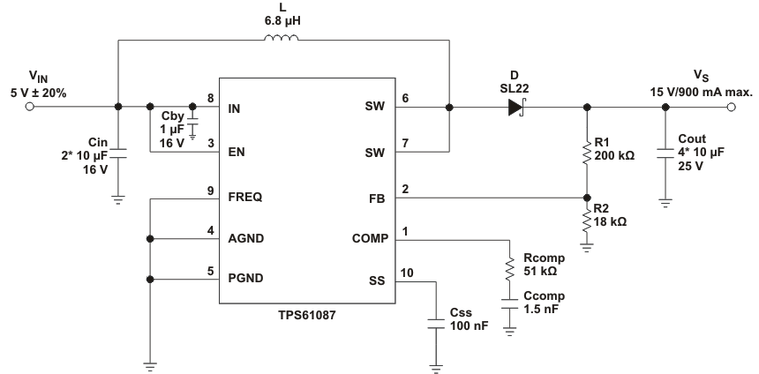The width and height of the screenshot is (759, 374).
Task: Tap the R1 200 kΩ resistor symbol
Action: point(587,153)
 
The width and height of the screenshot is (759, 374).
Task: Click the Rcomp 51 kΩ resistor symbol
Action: point(510,267)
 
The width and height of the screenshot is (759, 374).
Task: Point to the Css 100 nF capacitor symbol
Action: point(435,322)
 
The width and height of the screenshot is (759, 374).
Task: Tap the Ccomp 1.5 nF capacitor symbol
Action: point(510,304)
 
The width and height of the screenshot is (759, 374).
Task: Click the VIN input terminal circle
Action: point(30,108)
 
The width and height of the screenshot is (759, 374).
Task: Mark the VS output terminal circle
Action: point(730,108)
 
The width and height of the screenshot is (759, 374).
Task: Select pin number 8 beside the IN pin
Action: point(210,97)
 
